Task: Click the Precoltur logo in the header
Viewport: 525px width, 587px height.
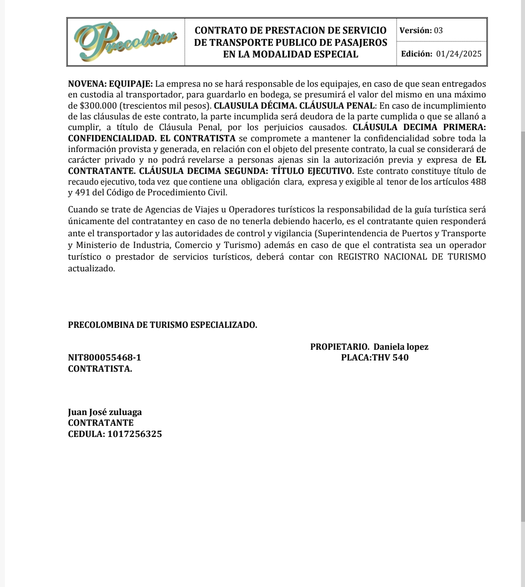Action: [126, 42]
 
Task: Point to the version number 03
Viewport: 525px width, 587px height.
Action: [438, 30]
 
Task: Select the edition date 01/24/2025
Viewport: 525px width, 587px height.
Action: [459, 54]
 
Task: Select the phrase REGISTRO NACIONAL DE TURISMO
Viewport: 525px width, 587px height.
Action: [411, 257]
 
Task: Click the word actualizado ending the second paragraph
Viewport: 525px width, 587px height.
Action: [91, 268]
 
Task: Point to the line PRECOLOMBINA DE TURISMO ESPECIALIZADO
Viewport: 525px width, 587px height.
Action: [163, 325]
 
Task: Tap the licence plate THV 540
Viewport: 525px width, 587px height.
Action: [390, 358]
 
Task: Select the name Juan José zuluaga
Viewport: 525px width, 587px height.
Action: [105, 412]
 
